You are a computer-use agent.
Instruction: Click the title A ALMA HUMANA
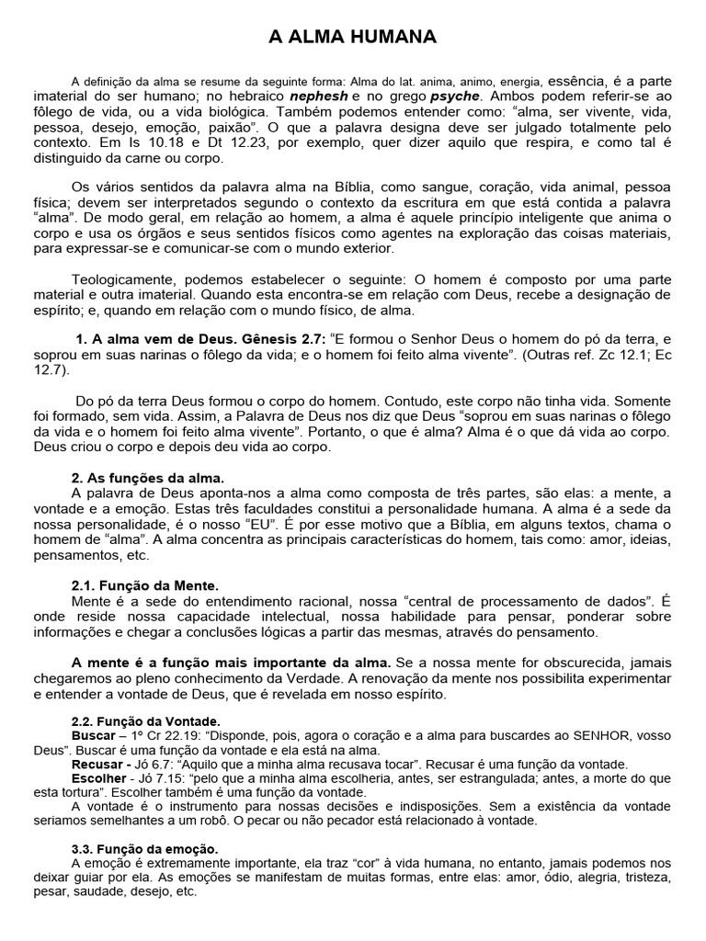(353, 37)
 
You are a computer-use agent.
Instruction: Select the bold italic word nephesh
(319, 96)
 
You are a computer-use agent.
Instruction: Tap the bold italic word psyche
(456, 96)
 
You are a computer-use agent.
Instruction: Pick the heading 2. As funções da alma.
(148, 478)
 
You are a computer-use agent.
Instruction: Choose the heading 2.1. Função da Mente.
(145, 584)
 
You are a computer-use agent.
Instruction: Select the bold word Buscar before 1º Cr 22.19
(94, 736)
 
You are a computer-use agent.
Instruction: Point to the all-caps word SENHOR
(605, 736)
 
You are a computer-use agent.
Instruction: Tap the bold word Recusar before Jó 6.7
(97, 764)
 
